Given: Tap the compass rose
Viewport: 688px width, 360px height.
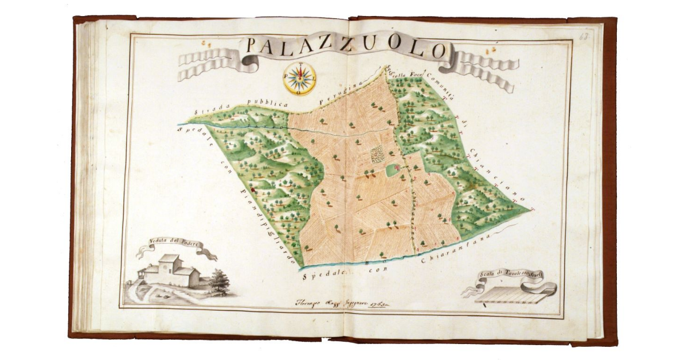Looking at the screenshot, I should (299, 78).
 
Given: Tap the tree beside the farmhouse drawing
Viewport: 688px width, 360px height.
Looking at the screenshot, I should (220, 281).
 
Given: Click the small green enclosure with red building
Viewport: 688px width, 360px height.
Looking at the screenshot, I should (394, 169).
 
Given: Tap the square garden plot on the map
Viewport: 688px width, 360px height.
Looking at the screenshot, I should (377, 154).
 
